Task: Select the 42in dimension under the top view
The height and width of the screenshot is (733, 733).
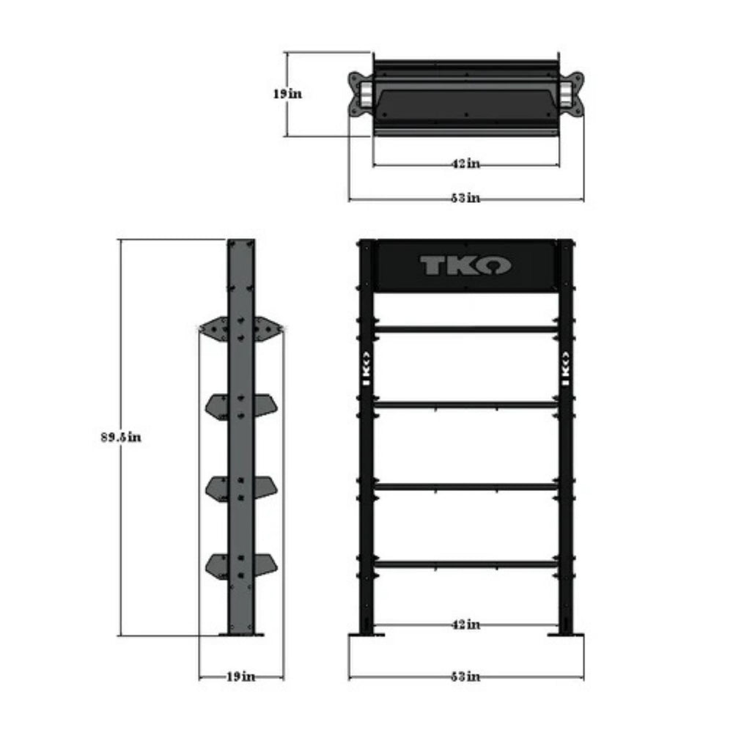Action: coord(465,164)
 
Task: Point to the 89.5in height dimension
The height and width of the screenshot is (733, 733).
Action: coord(121,438)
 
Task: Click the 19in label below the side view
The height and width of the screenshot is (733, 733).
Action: coord(240,677)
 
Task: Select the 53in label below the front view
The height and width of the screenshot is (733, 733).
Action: coord(465,677)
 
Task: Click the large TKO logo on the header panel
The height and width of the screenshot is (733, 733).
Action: coord(465,265)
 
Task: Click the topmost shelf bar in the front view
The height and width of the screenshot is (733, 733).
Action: coord(466,329)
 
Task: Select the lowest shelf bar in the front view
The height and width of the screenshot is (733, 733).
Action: coord(466,564)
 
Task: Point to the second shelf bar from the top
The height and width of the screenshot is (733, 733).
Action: coord(466,404)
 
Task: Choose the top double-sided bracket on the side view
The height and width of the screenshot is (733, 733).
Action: coord(241,328)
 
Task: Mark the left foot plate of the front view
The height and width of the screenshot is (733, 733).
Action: coord(367,633)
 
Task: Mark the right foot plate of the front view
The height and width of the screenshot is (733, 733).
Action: coord(564,633)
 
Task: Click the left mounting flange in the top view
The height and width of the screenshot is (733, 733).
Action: coord(358,95)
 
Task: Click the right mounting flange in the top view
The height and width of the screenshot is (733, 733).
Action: coord(573,95)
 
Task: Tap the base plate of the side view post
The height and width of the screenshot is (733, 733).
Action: coord(241,634)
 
